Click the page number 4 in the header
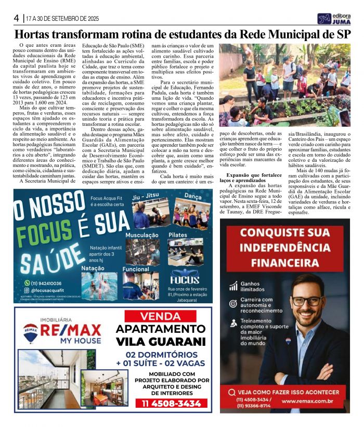[x=16, y=18]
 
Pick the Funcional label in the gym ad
[x=136, y=269]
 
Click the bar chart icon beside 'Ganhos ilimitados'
[x=232, y=287]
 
